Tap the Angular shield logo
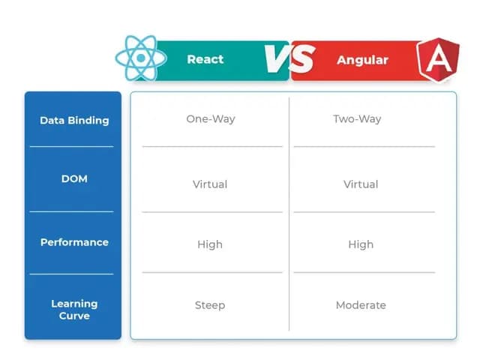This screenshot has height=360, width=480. tap(436, 59)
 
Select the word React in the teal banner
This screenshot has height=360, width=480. tap(205, 59)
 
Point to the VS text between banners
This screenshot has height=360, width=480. tap(289, 59)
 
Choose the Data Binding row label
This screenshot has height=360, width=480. tap(74, 120)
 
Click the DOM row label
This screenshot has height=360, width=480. tap(74, 178)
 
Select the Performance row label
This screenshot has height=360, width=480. tap(74, 242)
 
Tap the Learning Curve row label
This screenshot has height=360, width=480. tap(74, 310)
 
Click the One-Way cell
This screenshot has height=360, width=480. tap(210, 119)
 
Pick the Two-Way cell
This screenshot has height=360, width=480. tap(357, 119)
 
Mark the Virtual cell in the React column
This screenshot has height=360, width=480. tap(210, 184)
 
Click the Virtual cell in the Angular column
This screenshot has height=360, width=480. tap(361, 184)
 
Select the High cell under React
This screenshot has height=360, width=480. tap(210, 244)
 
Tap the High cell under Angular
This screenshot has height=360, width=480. tap(361, 244)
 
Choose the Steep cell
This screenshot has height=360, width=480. tap(210, 305)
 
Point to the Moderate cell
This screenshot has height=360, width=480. tap(361, 305)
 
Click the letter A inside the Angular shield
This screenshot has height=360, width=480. tap(436, 61)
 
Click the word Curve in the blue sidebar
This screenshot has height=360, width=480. tap(74, 316)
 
